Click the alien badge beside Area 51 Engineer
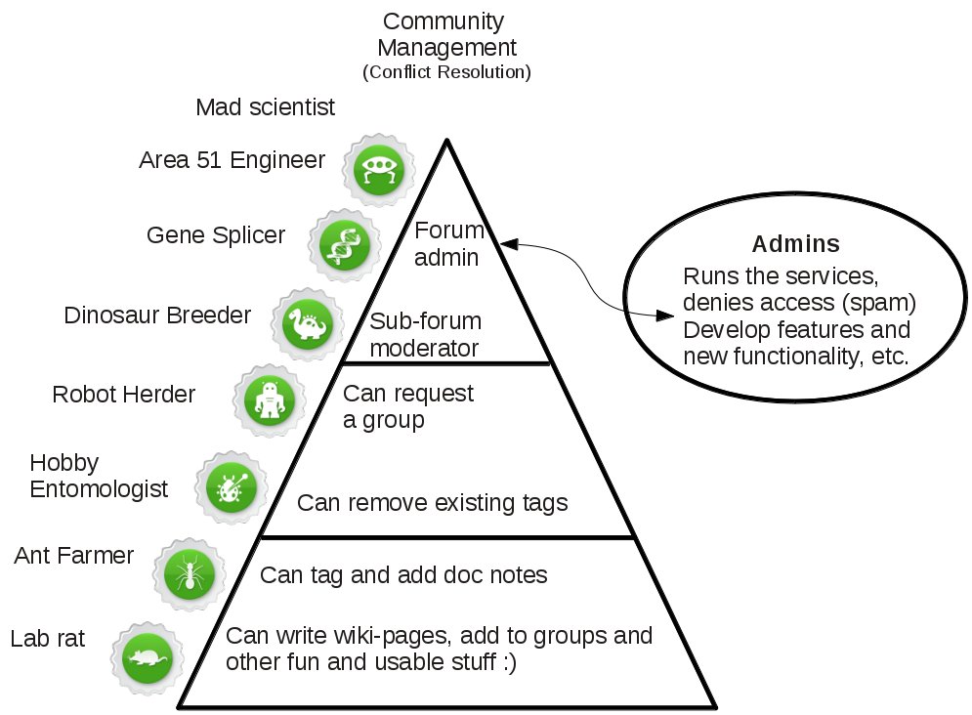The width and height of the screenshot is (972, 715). (x=375, y=169)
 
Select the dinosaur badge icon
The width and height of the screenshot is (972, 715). (x=306, y=321)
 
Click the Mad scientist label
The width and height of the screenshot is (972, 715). (x=265, y=107)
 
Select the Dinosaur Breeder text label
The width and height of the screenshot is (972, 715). (x=157, y=315)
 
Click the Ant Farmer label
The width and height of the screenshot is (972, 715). (x=74, y=556)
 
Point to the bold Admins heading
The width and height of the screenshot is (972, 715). (x=796, y=243)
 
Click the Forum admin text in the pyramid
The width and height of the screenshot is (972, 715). (x=448, y=244)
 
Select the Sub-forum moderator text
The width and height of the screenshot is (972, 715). (x=425, y=334)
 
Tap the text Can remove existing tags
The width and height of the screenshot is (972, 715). (x=432, y=503)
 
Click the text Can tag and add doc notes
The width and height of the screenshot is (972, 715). (x=402, y=575)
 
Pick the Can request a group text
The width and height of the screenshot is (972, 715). (x=407, y=406)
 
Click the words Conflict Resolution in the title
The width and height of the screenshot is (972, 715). (x=446, y=72)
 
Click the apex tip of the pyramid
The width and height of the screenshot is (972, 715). (x=446, y=141)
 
